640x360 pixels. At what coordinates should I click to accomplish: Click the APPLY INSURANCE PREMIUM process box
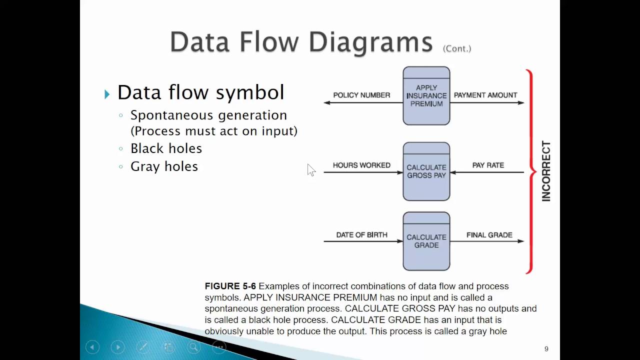tap(426, 96)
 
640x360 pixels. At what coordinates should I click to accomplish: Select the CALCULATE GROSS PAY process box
tap(426, 171)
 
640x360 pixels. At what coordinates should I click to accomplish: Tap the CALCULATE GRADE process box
tap(426, 241)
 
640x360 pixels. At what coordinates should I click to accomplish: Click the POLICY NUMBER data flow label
tap(361, 95)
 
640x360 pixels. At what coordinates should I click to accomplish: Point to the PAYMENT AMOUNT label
tap(485, 95)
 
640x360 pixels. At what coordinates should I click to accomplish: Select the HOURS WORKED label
tap(361, 165)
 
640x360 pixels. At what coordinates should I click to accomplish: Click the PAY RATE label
tap(488, 165)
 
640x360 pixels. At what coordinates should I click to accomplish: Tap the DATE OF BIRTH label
tap(361, 235)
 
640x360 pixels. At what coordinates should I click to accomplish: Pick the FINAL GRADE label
tap(489, 235)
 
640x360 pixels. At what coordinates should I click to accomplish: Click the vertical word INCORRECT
tap(546, 171)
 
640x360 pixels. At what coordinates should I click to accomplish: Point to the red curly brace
tap(531, 171)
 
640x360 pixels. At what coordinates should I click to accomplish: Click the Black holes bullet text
tap(166, 148)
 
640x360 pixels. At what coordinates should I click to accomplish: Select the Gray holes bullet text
tap(164, 166)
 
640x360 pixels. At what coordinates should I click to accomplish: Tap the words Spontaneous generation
tap(208, 115)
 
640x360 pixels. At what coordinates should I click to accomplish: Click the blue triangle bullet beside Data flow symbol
tap(107, 94)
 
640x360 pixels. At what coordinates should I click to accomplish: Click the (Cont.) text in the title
tap(457, 48)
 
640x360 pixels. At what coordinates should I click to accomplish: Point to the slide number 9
tap(546, 349)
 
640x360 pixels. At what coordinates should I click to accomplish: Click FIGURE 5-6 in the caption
tap(230, 286)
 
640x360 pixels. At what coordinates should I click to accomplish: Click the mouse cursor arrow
tap(310, 169)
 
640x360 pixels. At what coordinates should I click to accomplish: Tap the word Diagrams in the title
tap(370, 42)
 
